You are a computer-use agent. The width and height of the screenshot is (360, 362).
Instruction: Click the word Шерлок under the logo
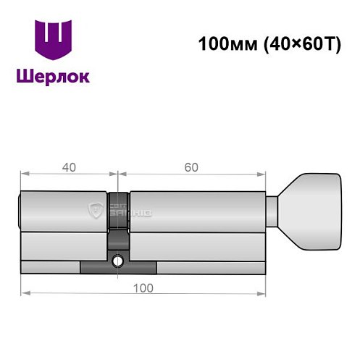click(x=54, y=76)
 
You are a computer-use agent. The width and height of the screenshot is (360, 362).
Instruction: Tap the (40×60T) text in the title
click(x=288, y=43)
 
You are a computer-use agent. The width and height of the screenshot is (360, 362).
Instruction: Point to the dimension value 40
click(x=69, y=167)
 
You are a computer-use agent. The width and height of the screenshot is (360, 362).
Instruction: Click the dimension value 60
click(x=191, y=167)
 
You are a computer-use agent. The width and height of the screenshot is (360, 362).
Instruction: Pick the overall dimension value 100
click(x=142, y=288)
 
